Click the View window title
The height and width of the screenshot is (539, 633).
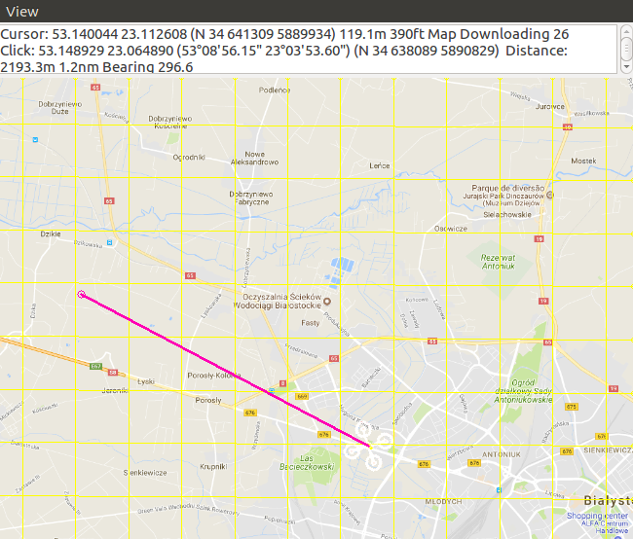coord(22,12)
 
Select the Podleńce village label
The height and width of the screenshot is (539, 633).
coord(275,90)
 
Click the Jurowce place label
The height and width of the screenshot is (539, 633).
coord(549,106)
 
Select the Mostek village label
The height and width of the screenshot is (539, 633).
coord(583,161)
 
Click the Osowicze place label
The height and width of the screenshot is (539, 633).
coord(451,229)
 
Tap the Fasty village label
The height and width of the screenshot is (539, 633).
coord(311,322)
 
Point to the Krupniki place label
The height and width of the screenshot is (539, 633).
coord(213,467)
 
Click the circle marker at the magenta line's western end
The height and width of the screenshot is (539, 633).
coord(81,294)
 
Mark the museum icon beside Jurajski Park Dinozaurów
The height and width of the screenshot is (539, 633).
coord(550,195)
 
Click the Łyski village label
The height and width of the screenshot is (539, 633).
coord(146,381)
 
